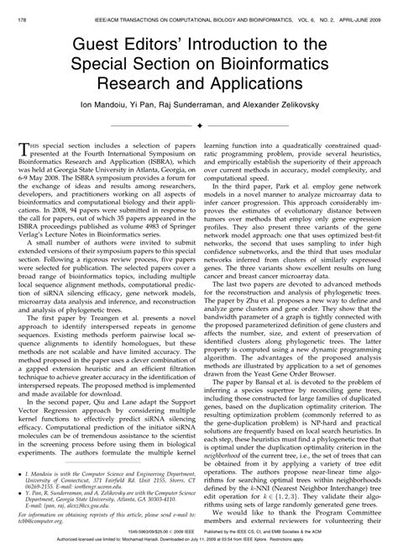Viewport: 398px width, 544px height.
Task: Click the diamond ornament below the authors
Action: (x=199, y=124)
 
